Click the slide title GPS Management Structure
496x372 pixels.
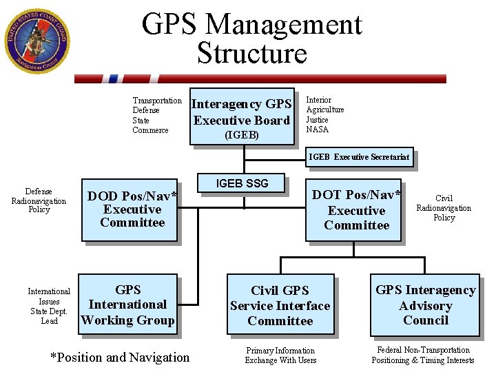251,39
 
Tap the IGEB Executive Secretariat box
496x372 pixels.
360,157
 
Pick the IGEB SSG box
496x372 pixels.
242,183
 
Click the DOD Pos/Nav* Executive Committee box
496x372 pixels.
132,209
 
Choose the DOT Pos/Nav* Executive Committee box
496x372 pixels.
356,210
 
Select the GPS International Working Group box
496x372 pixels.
128,305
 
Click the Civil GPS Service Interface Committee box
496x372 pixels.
280,305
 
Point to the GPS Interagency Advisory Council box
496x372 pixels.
425,305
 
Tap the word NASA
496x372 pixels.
318,130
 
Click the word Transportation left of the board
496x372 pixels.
157,101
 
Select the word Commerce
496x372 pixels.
150,130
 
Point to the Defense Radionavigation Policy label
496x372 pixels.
39,200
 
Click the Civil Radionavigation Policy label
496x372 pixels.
444,208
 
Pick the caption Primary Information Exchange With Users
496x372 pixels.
280,355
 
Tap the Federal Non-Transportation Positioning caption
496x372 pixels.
423,355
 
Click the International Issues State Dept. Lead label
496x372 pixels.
49,306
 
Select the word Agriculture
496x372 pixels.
325,110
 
